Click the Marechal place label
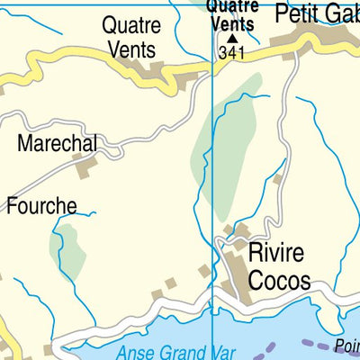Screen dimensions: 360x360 click(56, 143)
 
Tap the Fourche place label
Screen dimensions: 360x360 click(41, 205)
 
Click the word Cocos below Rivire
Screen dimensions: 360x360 click(279, 280)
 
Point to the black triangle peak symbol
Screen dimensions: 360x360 click(232, 39)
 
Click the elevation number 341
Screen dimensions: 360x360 click(231, 54)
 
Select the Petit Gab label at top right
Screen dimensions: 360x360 click(316, 13)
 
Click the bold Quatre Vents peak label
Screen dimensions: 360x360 click(231, 15)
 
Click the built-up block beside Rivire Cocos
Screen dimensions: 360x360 click(236, 270)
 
